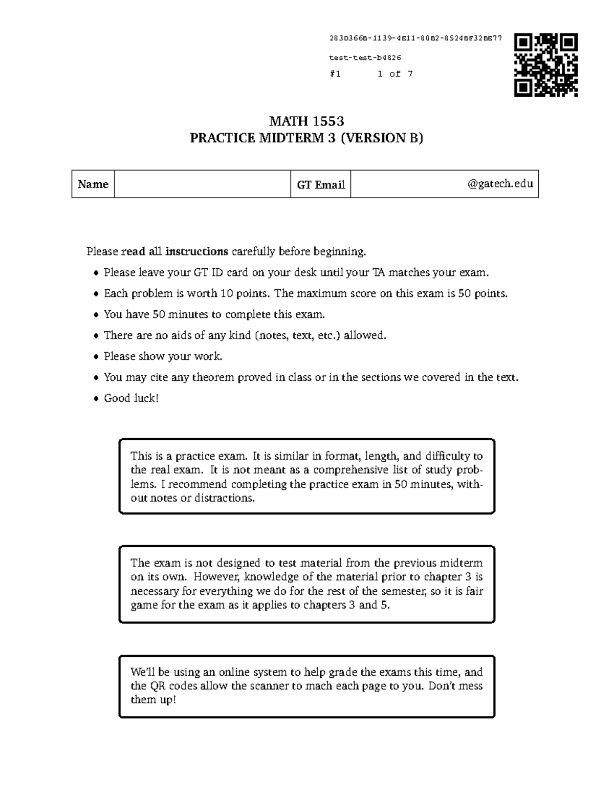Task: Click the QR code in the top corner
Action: point(546,65)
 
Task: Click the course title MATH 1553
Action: point(306,121)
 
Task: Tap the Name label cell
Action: point(93,184)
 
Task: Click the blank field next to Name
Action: point(202,184)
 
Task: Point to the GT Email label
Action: point(320,185)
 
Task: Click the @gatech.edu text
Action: point(500,184)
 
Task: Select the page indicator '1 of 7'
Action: point(395,74)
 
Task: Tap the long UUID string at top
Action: point(415,38)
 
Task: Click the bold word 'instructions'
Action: point(196,251)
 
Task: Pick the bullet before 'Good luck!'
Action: point(96,399)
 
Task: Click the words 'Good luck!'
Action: point(131,398)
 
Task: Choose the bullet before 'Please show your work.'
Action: point(96,357)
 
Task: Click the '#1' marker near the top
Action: point(335,74)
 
